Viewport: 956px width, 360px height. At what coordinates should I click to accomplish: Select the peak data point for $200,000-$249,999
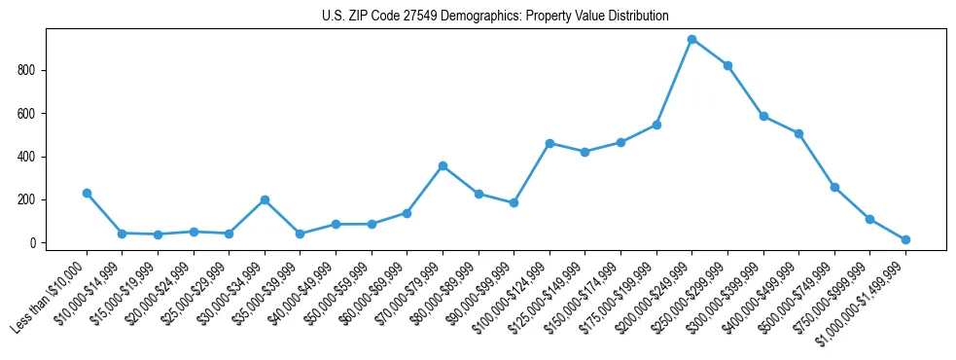(x=691, y=40)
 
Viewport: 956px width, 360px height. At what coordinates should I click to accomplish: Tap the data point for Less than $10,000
(x=87, y=193)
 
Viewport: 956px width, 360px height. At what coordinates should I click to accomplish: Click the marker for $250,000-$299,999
(x=727, y=65)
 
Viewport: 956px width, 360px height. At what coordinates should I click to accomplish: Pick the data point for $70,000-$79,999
(x=443, y=165)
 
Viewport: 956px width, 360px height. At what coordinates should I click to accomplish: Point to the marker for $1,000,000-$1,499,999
(x=905, y=239)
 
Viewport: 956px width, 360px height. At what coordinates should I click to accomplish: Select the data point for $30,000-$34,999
(x=265, y=199)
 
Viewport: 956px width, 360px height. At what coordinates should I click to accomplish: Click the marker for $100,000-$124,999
(x=549, y=143)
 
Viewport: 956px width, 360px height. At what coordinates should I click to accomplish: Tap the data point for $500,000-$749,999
(x=834, y=187)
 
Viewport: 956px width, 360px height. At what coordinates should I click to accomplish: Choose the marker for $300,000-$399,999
(x=763, y=116)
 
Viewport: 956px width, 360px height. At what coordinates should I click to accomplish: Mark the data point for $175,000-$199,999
(x=656, y=125)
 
